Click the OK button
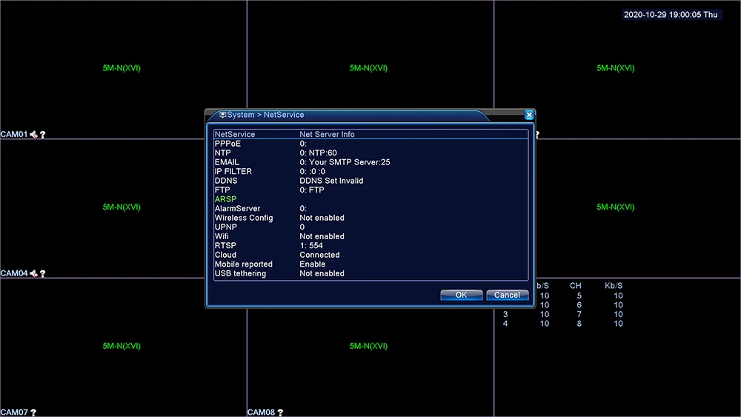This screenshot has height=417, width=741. coord(461,295)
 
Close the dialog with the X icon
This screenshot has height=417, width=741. coord(529,115)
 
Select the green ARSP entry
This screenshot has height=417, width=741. coord(225,199)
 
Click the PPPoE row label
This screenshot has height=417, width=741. coord(227,144)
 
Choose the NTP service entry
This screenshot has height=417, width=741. coord(222,153)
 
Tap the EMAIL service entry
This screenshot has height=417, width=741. coord(227,162)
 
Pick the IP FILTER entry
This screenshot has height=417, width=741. coord(233,172)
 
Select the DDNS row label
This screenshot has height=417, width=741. coord(226,181)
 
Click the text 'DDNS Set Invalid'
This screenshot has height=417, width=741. coord(331,181)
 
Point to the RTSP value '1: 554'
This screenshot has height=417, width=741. coord(311,246)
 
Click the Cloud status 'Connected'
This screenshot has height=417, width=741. coord(319,255)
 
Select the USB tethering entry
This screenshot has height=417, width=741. coord(240,273)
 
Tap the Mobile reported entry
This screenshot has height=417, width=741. coord(243,264)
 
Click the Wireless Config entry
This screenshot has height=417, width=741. coord(243,218)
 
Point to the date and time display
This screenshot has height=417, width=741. coord(671,15)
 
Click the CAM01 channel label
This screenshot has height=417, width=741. coord(14,135)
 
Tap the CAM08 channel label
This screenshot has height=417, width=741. coord(261,413)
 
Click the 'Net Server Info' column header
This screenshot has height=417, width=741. coord(327,134)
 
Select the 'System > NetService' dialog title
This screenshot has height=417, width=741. coord(265,115)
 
